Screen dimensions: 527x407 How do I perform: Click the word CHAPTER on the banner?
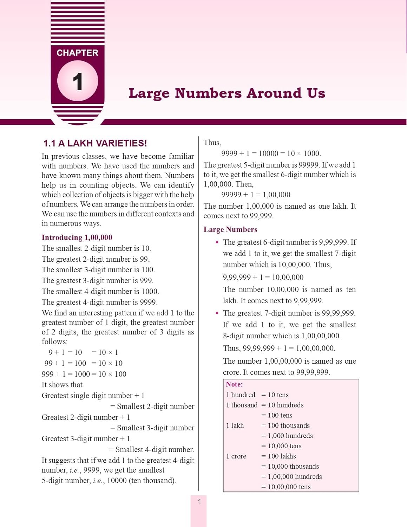(77, 53)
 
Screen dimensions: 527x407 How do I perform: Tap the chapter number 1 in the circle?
(78, 81)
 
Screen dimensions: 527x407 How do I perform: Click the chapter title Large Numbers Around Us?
(227, 93)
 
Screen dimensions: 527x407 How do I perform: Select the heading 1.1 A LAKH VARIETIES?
(95, 143)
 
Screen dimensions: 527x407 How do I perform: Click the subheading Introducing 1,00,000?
(77, 238)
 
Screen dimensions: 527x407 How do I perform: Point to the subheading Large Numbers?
(230, 229)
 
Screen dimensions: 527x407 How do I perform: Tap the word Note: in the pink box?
(234, 384)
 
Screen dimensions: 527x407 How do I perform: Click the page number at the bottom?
(199, 502)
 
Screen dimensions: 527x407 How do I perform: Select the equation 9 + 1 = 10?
(65, 352)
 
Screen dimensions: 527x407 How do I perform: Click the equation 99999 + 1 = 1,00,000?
(256, 195)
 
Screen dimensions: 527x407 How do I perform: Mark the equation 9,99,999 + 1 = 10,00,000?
(263, 277)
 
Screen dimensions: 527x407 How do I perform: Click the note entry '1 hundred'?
(241, 395)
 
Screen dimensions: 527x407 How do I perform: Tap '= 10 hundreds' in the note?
(282, 405)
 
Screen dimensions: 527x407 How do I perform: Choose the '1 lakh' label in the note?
(235, 425)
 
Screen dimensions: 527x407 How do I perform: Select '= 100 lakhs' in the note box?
(278, 456)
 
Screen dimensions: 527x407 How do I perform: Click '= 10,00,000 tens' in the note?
(286, 487)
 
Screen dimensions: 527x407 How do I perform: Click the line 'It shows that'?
(62, 385)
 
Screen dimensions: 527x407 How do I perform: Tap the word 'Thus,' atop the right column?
(212, 143)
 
